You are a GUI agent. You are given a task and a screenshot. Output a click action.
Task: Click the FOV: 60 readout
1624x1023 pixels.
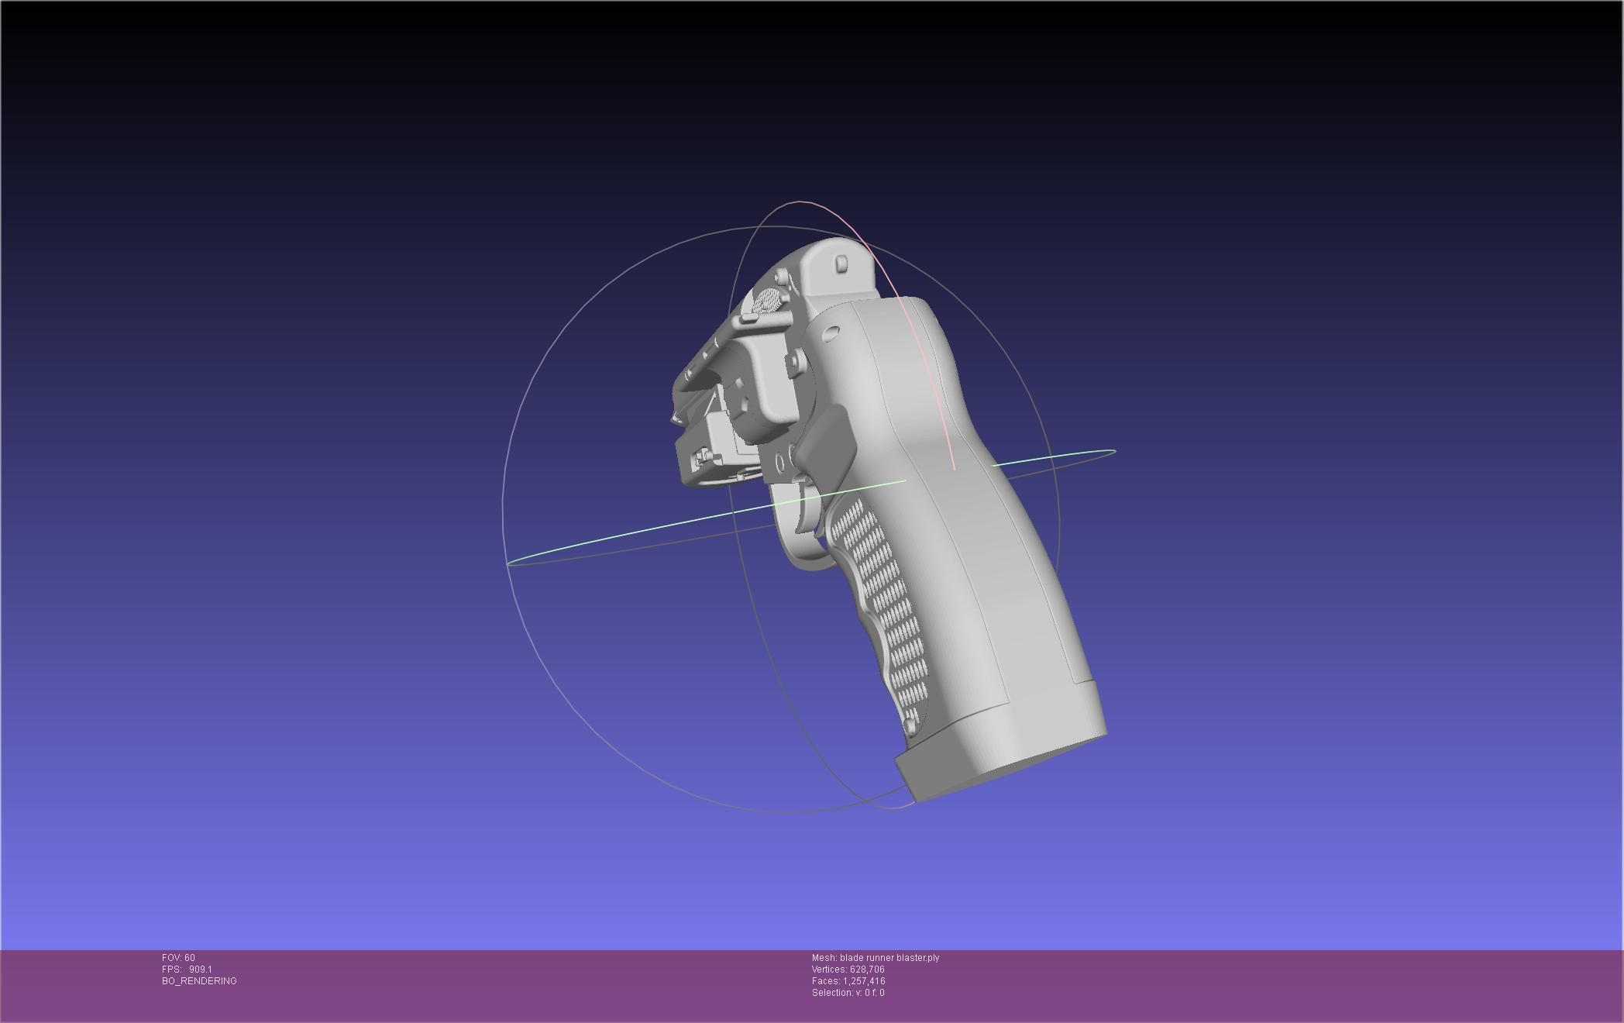click(178, 958)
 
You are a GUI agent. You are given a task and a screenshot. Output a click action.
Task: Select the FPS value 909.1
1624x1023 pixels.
click(200, 970)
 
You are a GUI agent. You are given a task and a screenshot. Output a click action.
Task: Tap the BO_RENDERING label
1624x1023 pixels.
click(199, 981)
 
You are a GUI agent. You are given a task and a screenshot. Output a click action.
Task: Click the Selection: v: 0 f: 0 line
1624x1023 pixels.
click(848, 993)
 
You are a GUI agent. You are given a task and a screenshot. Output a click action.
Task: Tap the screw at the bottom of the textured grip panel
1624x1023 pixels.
click(909, 725)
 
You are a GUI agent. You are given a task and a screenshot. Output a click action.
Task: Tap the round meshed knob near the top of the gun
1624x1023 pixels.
click(766, 300)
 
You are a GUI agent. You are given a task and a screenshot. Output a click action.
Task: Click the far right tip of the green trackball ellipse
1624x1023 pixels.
click(1114, 451)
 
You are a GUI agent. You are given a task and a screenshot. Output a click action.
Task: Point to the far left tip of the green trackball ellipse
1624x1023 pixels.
click(508, 563)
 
